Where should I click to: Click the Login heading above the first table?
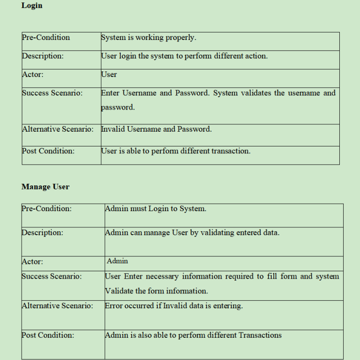tap(32, 5)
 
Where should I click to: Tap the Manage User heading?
tap(45, 186)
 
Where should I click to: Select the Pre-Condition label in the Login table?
tap(46, 37)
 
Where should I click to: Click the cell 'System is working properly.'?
tap(148, 37)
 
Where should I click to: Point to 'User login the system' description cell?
tap(184, 56)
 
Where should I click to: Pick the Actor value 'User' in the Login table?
tap(109, 74)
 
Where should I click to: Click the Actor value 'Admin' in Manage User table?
tap(117, 261)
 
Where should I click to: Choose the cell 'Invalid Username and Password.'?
tap(156, 129)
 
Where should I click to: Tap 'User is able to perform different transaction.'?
tap(176, 151)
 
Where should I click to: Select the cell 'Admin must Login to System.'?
tap(156, 209)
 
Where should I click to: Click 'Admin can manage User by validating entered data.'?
tap(192, 232)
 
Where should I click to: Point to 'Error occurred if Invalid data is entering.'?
tap(174, 306)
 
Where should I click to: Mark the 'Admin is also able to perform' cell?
tap(193, 335)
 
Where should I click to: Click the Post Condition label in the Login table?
tap(48, 151)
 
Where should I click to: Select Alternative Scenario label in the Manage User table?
tap(57, 306)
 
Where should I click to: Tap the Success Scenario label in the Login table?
tap(52, 93)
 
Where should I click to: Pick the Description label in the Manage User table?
tap(42, 232)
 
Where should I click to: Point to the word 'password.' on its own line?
tap(118, 107)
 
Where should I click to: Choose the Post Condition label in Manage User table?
tap(48, 335)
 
